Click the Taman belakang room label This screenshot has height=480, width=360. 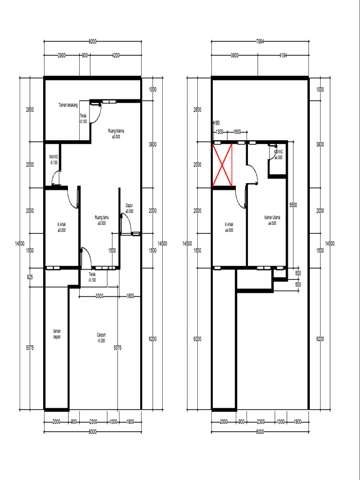[x=68, y=105]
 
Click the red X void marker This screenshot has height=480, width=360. [x=223, y=165]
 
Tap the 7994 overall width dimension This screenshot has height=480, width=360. [x=261, y=42]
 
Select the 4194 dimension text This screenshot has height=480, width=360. [x=283, y=55]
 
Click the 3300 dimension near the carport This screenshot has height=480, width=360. [x=99, y=296]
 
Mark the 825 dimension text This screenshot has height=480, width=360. [x=30, y=277]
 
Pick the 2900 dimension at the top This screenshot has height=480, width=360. [x=62, y=55]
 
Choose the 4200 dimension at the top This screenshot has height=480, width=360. [x=115, y=55]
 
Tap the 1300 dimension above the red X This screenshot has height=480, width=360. [x=219, y=132]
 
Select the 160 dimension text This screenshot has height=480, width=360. [x=216, y=123]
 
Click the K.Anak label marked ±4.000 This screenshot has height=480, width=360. [x=229, y=227]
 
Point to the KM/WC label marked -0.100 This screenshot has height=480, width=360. [x=53, y=160]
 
